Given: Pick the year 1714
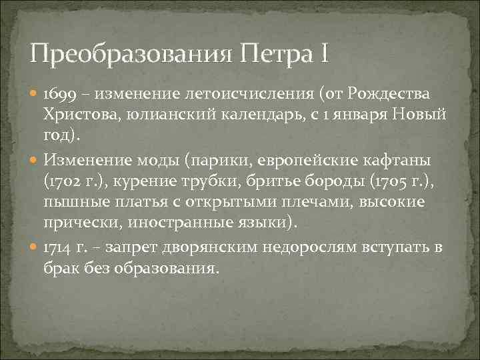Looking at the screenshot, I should click(57, 247).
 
